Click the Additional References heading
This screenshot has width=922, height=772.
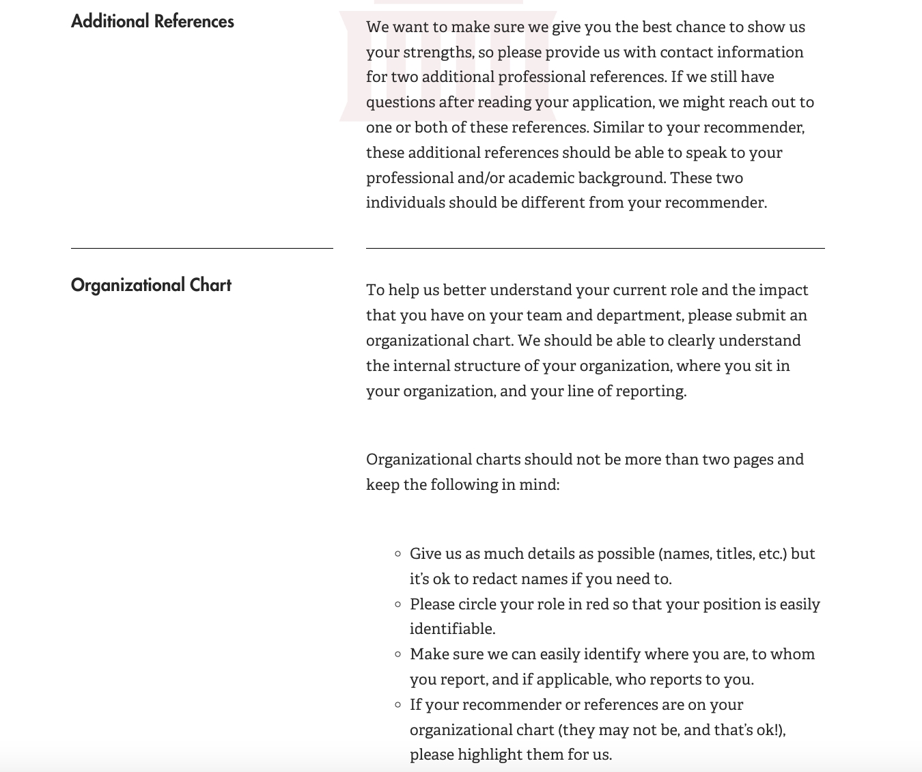[x=152, y=22]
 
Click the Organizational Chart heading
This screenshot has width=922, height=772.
[x=151, y=285]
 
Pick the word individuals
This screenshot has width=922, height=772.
[x=405, y=203]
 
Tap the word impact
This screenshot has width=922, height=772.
[x=783, y=290]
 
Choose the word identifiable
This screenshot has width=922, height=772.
[x=451, y=629]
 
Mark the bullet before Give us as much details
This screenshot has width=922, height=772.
[x=398, y=554]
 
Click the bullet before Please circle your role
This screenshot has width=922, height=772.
[x=398, y=605]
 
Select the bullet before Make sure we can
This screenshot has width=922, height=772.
[x=398, y=654]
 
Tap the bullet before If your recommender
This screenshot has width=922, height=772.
[x=398, y=705]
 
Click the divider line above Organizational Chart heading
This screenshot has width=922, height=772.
[x=201, y=248]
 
